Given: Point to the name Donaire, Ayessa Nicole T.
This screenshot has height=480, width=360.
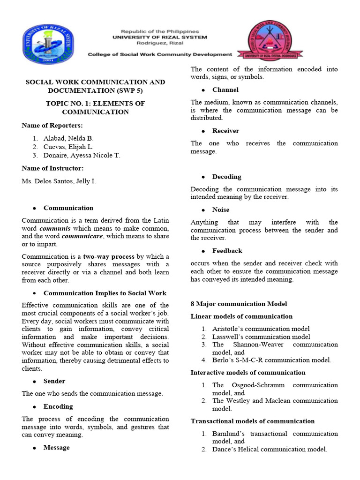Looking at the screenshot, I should coord(82,155).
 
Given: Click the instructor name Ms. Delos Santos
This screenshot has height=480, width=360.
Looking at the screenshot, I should coord(59,180).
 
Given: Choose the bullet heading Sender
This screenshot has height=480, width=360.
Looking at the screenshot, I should coord(54,381).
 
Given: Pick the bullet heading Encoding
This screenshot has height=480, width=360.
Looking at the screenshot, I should coord(58,406).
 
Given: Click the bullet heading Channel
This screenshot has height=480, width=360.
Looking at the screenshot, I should coord(225,90).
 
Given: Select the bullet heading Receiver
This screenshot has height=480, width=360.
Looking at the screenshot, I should coord(225,131).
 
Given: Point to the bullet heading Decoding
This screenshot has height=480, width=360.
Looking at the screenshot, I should coord(226,177).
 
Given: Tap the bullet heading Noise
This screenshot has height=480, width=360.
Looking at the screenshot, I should coord(221,210).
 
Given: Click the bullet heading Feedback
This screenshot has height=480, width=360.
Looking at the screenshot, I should coord(227,251).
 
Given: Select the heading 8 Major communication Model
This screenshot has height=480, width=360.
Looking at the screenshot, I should coord(239,304).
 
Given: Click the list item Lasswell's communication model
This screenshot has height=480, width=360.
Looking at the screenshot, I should coord(261,337).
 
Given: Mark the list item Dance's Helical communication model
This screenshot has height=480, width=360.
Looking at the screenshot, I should coord(270,449).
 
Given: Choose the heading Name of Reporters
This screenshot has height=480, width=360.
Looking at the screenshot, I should coord(52,125).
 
